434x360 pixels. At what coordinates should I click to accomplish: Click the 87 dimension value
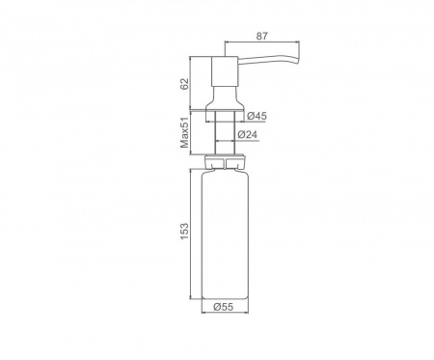[261, 36]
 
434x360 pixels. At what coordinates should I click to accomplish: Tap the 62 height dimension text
[184, 84]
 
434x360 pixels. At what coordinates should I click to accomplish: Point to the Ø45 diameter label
[258, 116]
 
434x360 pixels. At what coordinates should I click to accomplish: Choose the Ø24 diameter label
[248, 134]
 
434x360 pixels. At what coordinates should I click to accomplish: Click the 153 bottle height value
[184, 231]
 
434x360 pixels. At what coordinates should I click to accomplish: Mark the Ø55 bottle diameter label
[223, 307]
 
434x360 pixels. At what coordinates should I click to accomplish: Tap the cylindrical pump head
[225, 71]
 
